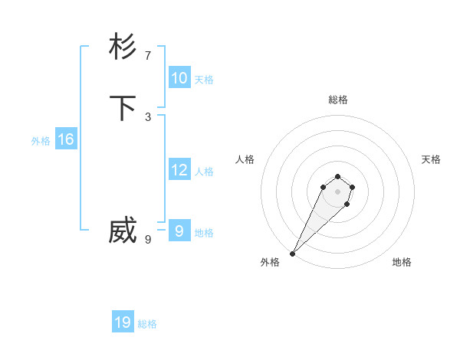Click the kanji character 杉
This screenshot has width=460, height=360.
tap(123, 47)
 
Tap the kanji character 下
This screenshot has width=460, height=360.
tap(123, 108)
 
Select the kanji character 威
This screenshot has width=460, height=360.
tap(123, 231)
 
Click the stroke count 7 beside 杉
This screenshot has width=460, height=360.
tap(148, 55)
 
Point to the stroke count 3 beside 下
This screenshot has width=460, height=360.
tap(148, 116)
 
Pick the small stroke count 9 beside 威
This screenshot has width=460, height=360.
tap(148, 239)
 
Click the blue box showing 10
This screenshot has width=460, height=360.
tap(179, 78)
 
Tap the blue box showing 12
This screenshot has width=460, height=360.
tap(179, 170)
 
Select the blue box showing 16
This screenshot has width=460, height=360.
tap(66, 139)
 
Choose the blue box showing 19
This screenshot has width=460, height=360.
tap(123, 322)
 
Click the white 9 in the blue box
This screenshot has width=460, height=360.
tap(179, 231)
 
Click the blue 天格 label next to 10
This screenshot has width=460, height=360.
tap(204, 80)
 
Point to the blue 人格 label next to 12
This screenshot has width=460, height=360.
tap(204, 172)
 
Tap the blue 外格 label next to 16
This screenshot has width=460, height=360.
tap(41, 141)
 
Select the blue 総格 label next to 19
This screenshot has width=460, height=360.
tap(147, 324)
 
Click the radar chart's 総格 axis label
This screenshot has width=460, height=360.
tap(338, 100)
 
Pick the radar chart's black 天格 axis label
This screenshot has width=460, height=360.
tap(431, 159)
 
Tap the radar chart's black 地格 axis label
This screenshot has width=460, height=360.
tap(402, 263)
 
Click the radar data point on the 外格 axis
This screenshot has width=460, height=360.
tap(293, 254)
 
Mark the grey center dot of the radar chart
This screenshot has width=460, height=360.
tap(337, 191)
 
